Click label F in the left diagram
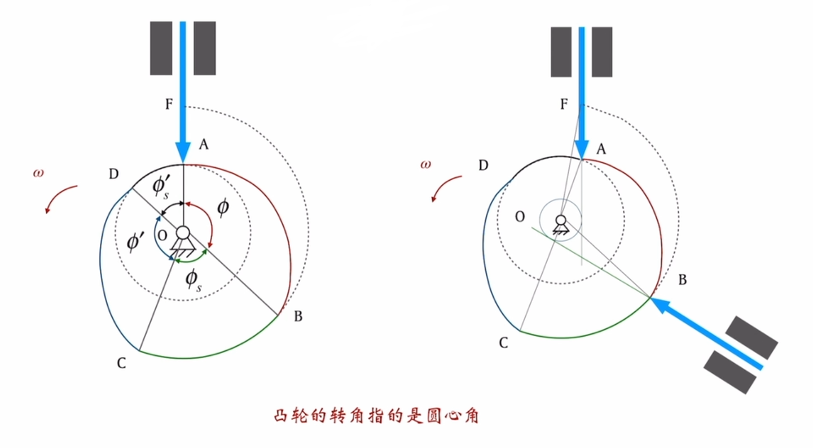tap(169, 105)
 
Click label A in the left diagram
tap(203, 145)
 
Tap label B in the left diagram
tap(298, 317)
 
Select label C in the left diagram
tap(121, 364)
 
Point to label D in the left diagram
tap(113, 173)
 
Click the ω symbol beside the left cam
tap(38, 172)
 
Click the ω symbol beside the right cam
tap(425, 164)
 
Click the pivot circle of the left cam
tap(183, 233)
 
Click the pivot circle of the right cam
tap(561, 219)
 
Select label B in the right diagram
tap(682, 280)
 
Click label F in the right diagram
tap(564, 105)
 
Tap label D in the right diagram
tap(483, 165)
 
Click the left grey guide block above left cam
tap(161, 48)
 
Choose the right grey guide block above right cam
tap(602, 51)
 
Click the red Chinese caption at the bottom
tap(376, 417)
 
